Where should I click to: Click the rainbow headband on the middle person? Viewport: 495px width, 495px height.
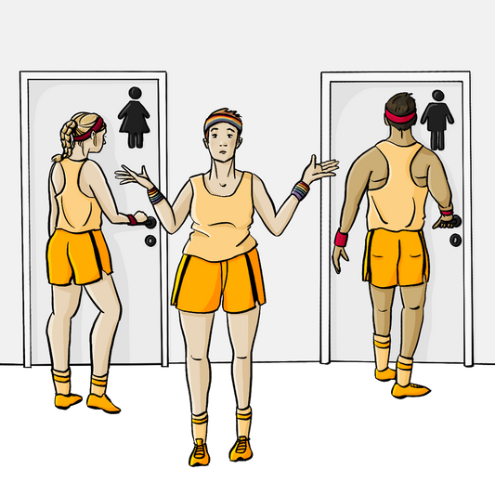click(x=221, y=121)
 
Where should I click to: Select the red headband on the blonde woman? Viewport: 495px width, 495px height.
click(x=90, y=133)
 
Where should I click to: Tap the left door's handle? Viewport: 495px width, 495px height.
click(x=141, y=219)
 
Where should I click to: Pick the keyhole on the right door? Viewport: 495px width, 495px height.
click(x=455, y=240)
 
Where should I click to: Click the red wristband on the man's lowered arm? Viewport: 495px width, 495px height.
click(x=340, y=239)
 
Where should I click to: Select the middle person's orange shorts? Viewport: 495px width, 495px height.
click(x=219, y=280)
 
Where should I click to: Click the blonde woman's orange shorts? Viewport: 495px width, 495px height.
click(x=78, y=256)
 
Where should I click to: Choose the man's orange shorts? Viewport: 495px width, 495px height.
click(x=396, y=256)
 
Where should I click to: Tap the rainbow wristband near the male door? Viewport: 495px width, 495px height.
click(x=299, y=190)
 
